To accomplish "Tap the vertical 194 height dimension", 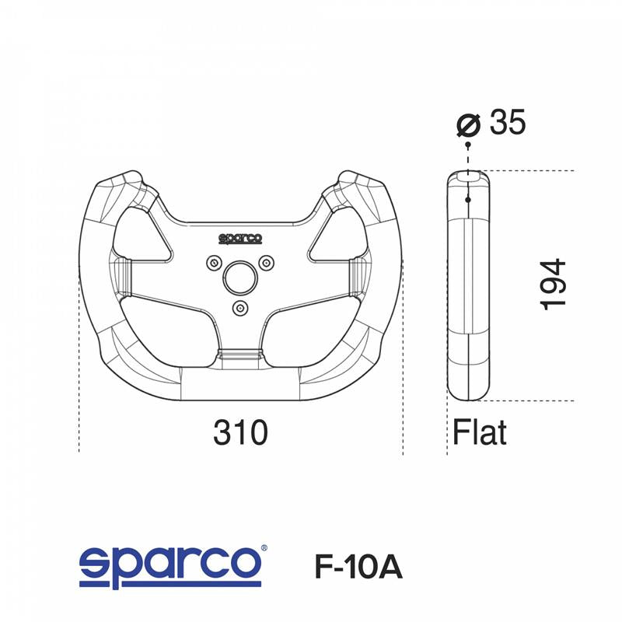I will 555,285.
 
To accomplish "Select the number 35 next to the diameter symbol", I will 508,123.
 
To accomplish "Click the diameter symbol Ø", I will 469,124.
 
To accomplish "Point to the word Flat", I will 480,433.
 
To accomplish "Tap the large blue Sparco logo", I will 170,564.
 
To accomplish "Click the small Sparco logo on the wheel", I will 239,239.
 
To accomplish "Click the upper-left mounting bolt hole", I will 214,262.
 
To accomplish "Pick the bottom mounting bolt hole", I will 239,307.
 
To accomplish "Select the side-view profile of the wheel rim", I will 468,288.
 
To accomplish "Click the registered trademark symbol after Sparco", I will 265,548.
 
